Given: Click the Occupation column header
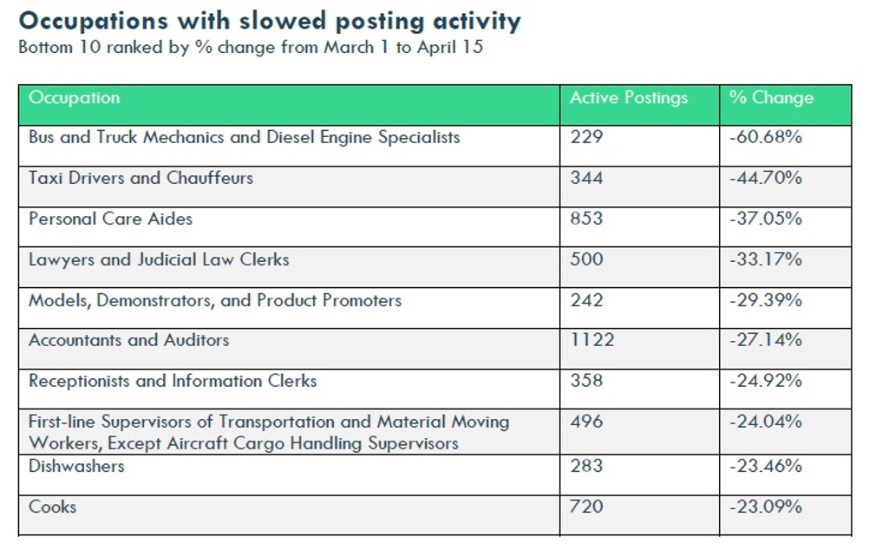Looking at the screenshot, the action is point(75,98).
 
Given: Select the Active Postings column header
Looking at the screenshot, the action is point(629,98).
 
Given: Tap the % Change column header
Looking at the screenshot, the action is point(772,98).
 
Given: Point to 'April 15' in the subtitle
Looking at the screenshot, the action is point(451,47).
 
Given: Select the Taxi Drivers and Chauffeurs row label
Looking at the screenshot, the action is point(140,178).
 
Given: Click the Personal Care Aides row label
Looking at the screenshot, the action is point(111,219).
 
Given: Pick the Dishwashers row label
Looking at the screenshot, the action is point(76,466).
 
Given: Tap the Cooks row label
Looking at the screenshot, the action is point(53,507).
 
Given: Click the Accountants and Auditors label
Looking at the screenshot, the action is point(129,340).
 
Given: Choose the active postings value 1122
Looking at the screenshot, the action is point(592,340).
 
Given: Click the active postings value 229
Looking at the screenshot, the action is point(586,137).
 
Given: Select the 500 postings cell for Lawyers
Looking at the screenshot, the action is point(586,259).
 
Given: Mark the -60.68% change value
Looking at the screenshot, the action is point(766,137).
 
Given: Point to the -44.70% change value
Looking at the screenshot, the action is point(766,178).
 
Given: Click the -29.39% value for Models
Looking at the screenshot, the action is point(766,300).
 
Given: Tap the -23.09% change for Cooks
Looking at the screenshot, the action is point(766,507).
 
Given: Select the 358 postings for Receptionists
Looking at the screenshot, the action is point(586,381).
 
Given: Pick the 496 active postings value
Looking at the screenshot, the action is point(586,422).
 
